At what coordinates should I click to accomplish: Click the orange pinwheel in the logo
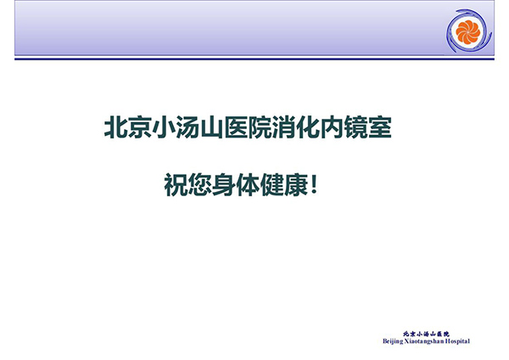tap(467, 32)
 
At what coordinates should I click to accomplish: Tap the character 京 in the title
tap(140, 127)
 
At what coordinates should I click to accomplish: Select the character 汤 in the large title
tap(188, 127)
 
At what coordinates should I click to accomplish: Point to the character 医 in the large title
tap(236, 127)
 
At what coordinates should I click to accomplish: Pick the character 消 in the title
tap(284, 127)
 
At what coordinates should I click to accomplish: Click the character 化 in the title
tap(308, 127)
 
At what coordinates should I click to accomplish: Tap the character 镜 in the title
tap(356, 127)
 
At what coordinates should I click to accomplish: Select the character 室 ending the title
tap(380, 127)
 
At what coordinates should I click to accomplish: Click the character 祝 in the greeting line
tap(176, 184)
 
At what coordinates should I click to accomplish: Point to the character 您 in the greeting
tap(200, 184)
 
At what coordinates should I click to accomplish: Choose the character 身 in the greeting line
tap(224, 184)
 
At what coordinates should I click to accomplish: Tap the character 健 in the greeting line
tap(272, 184)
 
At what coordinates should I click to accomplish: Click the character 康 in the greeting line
tap(296, 184)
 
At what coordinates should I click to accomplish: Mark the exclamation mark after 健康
tap(313, 184)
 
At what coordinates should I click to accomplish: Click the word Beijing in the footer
tap(393, 341)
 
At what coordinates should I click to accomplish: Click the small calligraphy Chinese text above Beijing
tap(426, 334)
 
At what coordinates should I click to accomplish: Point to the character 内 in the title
tap(332, 127)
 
